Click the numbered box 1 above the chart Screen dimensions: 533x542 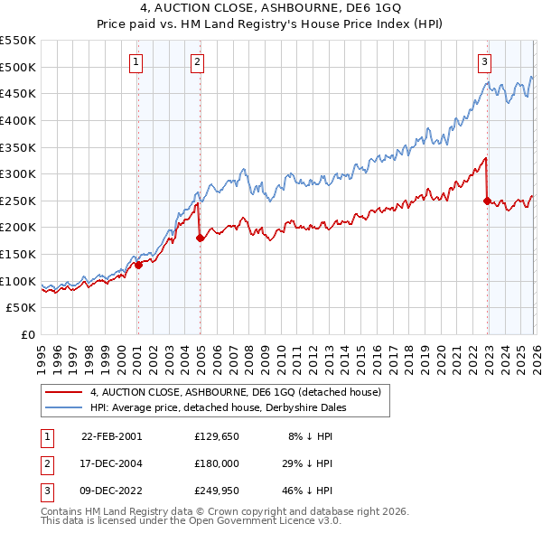click(135, 62)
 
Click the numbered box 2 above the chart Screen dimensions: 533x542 click(197, 62)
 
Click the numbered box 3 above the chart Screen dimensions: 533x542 click(484, 62)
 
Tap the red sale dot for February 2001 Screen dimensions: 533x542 click(139, 265)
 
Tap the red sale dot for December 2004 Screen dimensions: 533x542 click(201, 238)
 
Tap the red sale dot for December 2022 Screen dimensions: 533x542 click(487, 201)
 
